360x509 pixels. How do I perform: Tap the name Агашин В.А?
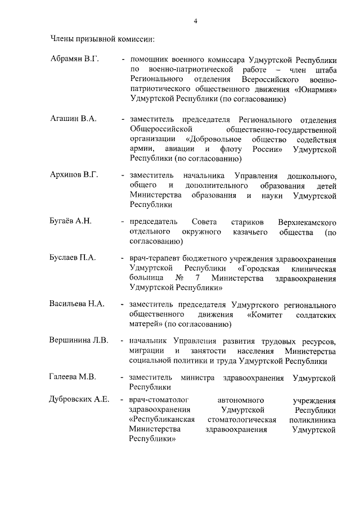pyautogui.click(x=73, y=119)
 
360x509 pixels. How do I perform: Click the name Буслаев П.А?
pyautogui.click(x=73, y=258)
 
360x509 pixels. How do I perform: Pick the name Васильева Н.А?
pyautogui.click(x=77, y=304)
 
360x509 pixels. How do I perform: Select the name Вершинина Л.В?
pyautogui.click(x=80, y=341)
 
